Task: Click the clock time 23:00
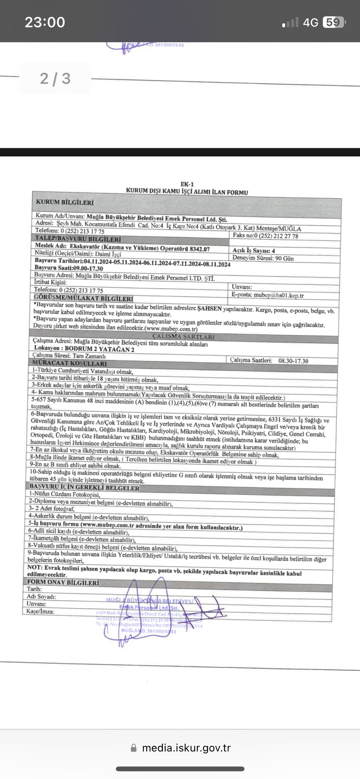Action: coord(45,22)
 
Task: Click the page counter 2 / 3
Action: coord(55,79)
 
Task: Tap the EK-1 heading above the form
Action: coord(187,184)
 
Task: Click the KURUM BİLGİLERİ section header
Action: coord(65,202)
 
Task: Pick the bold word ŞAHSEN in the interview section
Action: coord(209,309)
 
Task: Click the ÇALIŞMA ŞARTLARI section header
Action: coord(183,337)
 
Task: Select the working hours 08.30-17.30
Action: coord(293,361)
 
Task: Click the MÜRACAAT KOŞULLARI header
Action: coord(70,363)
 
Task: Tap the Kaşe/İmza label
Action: coord(40,611)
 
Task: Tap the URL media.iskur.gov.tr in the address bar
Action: coord(186,747)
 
